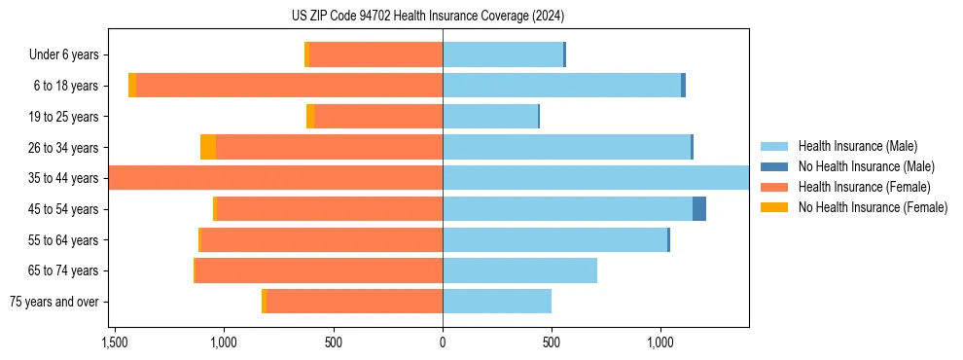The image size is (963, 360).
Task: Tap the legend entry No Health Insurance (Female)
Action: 873,207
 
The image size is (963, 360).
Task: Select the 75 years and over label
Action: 54,302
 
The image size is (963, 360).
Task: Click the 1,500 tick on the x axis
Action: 115,342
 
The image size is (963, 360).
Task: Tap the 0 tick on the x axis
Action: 443,342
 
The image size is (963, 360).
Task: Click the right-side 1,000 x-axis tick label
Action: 660,342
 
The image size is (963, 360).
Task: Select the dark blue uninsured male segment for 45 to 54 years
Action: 699,209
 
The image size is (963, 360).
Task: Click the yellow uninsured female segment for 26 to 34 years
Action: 208,148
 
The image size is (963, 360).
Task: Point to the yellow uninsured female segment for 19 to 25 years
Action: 310,117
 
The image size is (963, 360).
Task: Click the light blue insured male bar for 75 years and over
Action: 497,302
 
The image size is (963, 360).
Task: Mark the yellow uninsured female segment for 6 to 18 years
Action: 132,86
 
